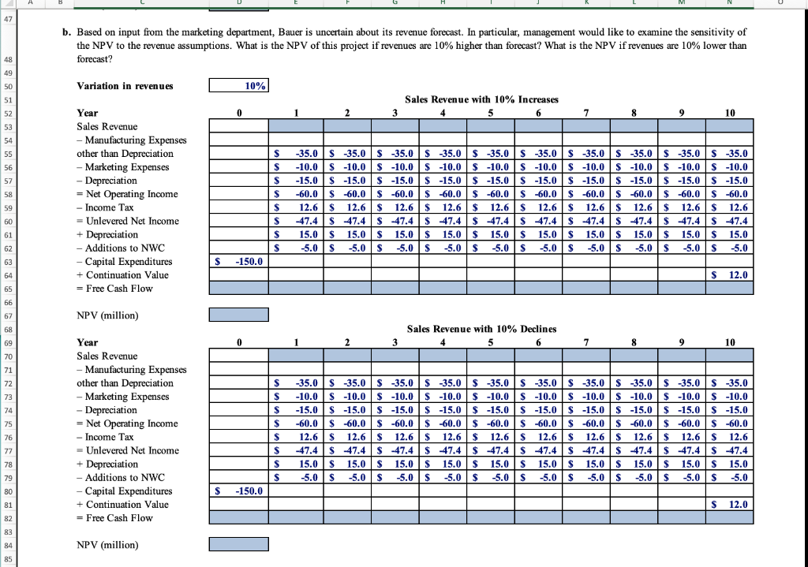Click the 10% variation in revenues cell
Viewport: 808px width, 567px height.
pos(238,86)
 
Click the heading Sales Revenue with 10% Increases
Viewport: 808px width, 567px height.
pos(481,99)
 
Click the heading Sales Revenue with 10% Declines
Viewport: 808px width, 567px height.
pos(481,329)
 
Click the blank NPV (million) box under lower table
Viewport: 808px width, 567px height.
pos(238,544)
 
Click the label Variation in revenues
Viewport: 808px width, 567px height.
pos(125,86)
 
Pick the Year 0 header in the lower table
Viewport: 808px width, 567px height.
pos(238,342)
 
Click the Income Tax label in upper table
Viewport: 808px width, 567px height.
pos(105,207)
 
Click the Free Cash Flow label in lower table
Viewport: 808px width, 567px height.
pos(114,517)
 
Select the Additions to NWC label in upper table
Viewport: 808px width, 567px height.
pos(120,248)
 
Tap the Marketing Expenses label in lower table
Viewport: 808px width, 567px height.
pos(122,396)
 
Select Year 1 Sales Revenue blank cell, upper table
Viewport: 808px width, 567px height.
pos(292,126)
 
